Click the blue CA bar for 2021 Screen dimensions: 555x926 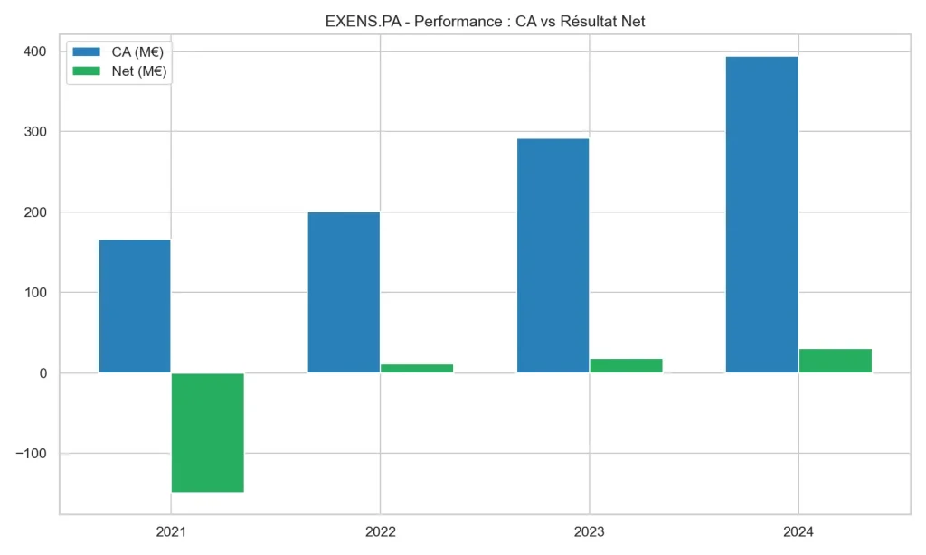135,306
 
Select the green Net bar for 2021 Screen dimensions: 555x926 207,432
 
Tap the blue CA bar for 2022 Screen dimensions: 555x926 344,292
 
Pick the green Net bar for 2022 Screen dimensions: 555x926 416,368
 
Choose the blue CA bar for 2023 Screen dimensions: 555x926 553,256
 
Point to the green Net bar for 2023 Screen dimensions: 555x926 626,365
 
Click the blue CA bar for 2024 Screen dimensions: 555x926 761,214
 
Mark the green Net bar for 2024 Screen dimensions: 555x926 835,361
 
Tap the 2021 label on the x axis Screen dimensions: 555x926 171,532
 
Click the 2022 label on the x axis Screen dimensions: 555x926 380,532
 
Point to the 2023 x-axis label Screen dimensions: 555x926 589,532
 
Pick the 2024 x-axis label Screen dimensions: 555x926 798,532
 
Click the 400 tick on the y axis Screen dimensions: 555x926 35,52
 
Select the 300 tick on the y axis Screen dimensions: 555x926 35,132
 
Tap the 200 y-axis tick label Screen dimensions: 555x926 35,212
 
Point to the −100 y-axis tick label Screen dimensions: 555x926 31,454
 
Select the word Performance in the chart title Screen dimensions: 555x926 454,21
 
